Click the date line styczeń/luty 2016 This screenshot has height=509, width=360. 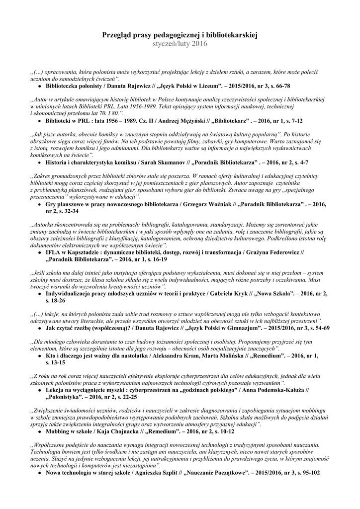pyautogui.click(x=180, y=44)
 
